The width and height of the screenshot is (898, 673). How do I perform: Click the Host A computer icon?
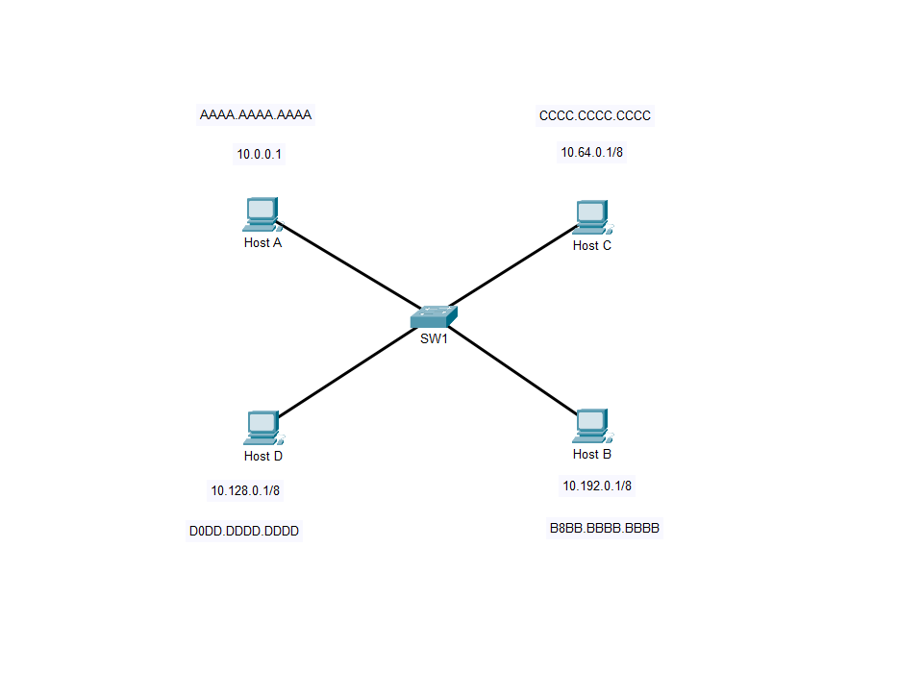(x=262, y=213)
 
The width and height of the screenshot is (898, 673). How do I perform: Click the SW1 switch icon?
(x=434, y=315)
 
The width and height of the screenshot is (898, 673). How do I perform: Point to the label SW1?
(x=434, y=338)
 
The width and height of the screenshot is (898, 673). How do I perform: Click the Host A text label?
(x=262, y=243)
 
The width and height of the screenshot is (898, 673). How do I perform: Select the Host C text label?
(x=592, y=246)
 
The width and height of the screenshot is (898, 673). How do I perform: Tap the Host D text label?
(x=263, y=457)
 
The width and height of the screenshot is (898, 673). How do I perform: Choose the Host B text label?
(x=592, y=455)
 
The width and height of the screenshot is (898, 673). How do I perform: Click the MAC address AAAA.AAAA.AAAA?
(x=256, y=115)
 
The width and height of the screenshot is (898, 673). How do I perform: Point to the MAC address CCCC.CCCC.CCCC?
(x=595, y=116)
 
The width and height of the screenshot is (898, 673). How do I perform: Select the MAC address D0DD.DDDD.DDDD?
(x=244, y=531)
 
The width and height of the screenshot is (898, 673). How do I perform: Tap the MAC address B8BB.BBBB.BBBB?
(x=605, y=529)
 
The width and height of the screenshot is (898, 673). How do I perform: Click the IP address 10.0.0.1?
(x=260, y=154)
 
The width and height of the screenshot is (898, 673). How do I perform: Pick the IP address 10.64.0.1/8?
(x=593, y=152)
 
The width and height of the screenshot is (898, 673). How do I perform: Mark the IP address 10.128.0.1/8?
(x=245, y=491)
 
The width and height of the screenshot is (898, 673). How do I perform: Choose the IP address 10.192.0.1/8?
(x=597, y=486)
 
